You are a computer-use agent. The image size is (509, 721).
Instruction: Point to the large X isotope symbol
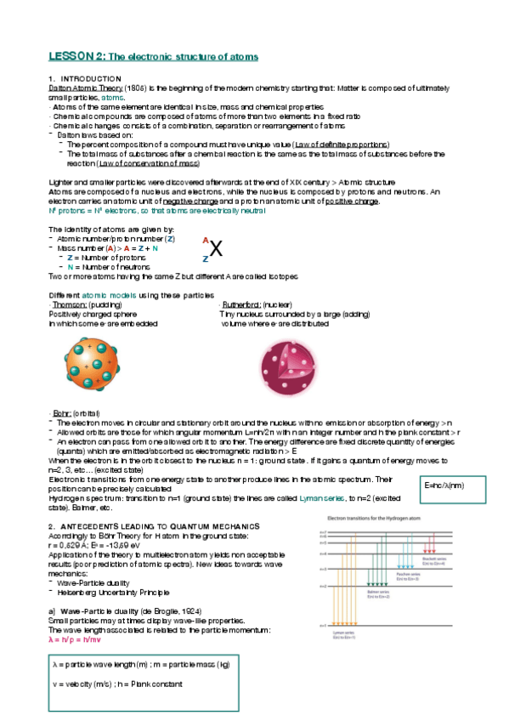(x=217, y=249)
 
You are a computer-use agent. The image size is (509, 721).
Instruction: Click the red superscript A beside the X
(x=205, y=241)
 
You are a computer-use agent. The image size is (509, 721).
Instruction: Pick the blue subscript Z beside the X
(x=205, y=258)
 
